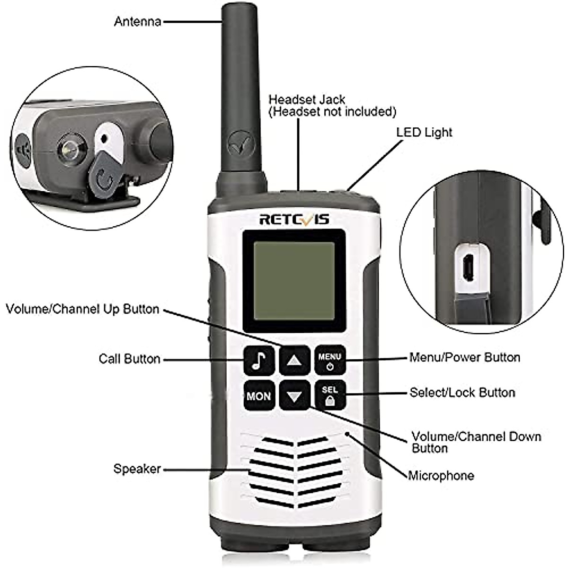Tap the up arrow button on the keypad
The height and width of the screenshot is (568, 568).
[x=294, y=360]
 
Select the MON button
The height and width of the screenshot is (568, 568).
[x=259, y=396]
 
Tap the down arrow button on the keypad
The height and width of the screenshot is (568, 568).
[x=294, y=396]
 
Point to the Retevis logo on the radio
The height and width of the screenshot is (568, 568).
[x=294, y=220]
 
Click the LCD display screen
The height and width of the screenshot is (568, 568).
[x=294, y=280]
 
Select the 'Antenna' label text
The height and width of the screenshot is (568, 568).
[x=137, y=22]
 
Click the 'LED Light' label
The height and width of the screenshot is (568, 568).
[x=424, y=133]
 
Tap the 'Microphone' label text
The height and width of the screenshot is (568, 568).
[x=441, y=475]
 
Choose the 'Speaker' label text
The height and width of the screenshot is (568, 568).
[x=137, y=469]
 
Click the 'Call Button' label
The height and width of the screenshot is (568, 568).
[x=129, y=359]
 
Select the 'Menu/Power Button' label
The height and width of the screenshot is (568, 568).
[x=465, y=357]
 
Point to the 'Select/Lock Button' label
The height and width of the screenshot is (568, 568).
[x=462, y=392]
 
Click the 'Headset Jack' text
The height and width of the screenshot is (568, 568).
[x=307, y=100]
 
